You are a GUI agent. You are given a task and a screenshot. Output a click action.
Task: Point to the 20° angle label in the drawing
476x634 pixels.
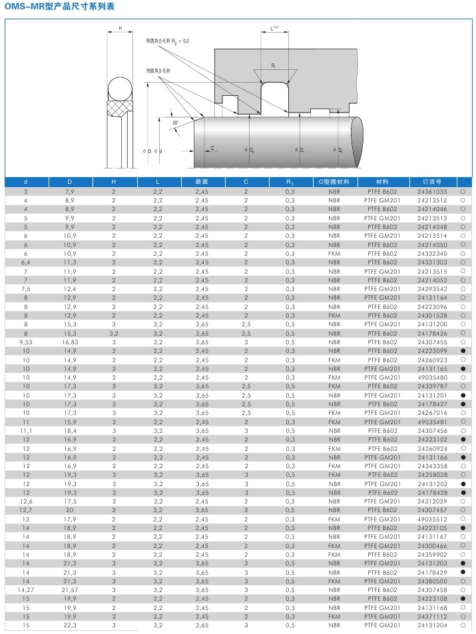pos(175,123)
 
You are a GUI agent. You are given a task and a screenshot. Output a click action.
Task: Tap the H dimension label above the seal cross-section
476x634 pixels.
pos(120,29)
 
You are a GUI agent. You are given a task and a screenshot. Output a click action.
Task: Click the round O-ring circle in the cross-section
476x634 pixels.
pos(120,90)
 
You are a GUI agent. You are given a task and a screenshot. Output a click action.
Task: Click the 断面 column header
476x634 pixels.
pos(202,181)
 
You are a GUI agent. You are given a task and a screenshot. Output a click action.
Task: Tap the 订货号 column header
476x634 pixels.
pos(431,181)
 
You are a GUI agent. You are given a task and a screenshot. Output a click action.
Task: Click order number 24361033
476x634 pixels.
pos(432,192)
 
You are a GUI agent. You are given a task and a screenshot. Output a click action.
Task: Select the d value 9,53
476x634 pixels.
pos(25,342)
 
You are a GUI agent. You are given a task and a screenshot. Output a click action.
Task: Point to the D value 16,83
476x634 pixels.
pos(70,342)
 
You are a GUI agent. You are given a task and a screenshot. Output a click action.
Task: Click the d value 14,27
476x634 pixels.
pos(25,589)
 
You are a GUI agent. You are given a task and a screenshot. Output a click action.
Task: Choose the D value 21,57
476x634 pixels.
pos(70,589)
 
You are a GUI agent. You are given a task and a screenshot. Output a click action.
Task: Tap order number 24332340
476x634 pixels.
pos(432,254)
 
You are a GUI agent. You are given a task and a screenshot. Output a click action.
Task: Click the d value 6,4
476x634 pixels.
pos(25,262)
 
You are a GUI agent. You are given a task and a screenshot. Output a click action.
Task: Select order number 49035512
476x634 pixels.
pos(432,519)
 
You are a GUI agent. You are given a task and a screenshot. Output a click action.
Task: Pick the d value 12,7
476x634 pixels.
pos(25,510)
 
